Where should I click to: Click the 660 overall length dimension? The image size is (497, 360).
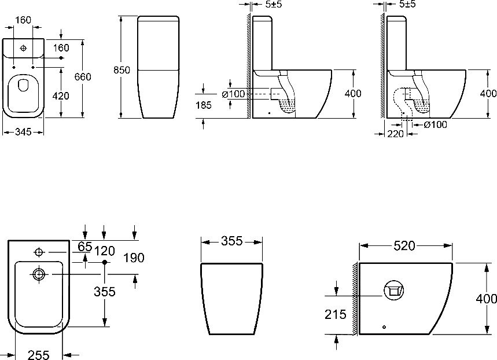pyautogui.click(x=83, y=77)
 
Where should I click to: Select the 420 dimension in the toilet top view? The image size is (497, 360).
pyautogui.click(x=61, y=95)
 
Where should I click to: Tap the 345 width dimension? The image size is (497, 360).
pyautogui.click(x=23, y=131)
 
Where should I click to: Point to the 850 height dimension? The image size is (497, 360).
pyautogui.click(x=122, y=70)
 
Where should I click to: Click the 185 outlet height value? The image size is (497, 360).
pyautogui.click(x=204, y=105)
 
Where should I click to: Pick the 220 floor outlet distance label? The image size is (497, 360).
pyautogui.click(x=395, y=134)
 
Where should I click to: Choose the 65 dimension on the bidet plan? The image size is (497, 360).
pyautogui.click(x=84, y=247)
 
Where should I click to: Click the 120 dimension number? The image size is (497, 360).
pyautogui.click(x=105, y=251)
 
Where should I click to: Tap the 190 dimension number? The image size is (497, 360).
pyautogui.click(x=134, y=258)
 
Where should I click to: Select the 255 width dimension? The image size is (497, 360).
pyautogui.click(x=39, y=355)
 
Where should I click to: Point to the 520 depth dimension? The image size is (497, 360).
pyautogui.click(x=404, y=245)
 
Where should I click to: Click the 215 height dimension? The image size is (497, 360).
pyautogui.click(x=336, y=314)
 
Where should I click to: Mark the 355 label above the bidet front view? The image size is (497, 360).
pyautogui.click(x=231, y=241)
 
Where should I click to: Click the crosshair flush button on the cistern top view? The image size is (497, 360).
pyautogui.click(x=23, y=48)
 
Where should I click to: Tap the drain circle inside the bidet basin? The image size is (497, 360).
pyautogui.click(x=39, y=274)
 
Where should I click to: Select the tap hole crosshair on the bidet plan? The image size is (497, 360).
pyautogui.click(x=39, y=252)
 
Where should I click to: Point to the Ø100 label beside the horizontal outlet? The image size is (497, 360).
pyautogui.click(x=234, y=94)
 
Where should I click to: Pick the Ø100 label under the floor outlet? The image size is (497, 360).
pyautogui.click(x=436, y=124)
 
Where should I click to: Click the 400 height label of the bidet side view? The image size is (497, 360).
pyautogui.click(x=487, y=299)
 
